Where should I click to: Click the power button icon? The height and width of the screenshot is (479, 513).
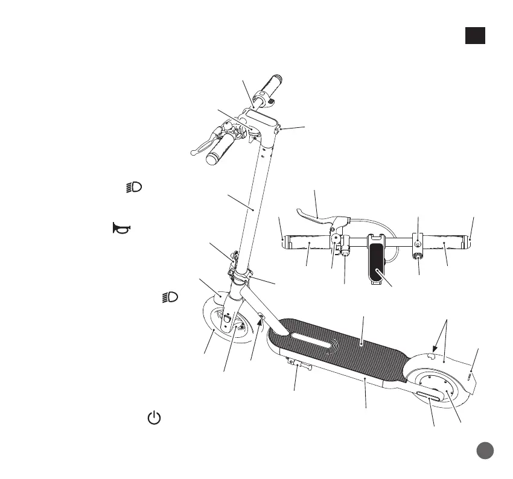click(x=155, y=417)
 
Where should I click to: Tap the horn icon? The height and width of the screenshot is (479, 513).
click(x=121, y=228)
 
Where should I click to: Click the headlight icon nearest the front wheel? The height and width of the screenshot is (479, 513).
click(x=171, y=297)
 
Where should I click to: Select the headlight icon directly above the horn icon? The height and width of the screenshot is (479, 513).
click(x=133, y=187)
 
